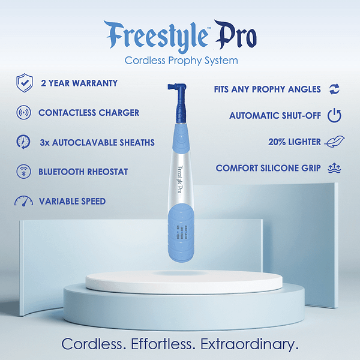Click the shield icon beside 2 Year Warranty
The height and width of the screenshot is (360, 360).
23,83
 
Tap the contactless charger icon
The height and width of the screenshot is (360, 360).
23,113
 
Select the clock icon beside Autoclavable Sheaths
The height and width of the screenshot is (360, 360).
23,142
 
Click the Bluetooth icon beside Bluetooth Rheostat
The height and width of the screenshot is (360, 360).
23,172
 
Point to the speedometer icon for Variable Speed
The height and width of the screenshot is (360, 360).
23,202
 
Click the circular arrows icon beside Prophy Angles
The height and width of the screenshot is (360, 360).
334,89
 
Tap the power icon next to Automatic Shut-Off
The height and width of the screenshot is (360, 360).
334,116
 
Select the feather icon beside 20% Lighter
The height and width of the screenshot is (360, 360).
331,142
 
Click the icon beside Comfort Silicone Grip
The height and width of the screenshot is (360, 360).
334,169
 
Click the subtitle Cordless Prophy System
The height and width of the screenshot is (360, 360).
181,61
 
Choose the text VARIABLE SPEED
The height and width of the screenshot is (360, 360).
72,202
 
